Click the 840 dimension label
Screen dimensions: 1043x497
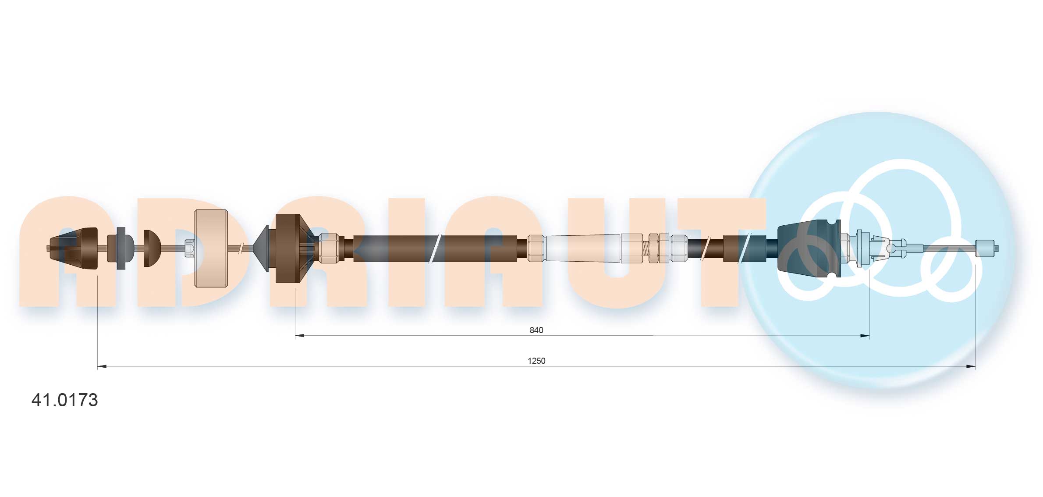536,330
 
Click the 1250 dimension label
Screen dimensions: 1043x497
536,361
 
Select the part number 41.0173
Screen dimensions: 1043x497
65,400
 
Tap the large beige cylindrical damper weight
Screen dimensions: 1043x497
211,248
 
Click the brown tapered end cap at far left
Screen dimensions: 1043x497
74,248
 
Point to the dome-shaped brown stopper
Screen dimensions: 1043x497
152,248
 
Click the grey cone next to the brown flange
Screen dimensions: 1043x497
262,248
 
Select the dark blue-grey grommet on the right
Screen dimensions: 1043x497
809,248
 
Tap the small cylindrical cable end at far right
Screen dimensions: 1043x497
986,248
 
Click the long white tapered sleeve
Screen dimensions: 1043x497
583,248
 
